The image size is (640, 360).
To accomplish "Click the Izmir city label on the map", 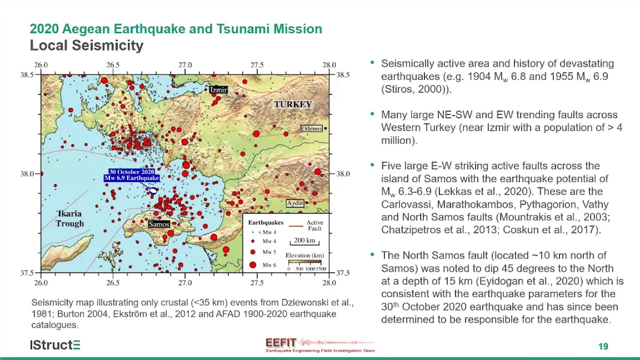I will pyautogui.click(x=218, y=90).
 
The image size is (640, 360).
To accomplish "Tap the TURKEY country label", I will pyautogui.click(x=293, y=104).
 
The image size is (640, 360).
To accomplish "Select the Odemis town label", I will pyautogui.click(x=311, y=129).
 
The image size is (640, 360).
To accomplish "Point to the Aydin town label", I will pyautogui.click(x=295, y=203).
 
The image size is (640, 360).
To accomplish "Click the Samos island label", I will pyautogui.click(x=159, y=224).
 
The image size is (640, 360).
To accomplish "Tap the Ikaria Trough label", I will pyautogui.click(x=69, y=218).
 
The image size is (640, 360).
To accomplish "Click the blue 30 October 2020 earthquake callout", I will pyautogui.click(x=132, y=175).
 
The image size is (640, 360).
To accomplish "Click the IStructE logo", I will pyautogui.click(x=55, y=345).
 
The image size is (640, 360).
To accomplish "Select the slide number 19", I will pyautogui.click(x=603, y=346).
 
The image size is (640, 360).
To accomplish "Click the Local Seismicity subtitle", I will pyautogui.click(x=86, y=45).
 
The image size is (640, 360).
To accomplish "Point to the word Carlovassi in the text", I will pyautogui.click(x=403, y=204).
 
